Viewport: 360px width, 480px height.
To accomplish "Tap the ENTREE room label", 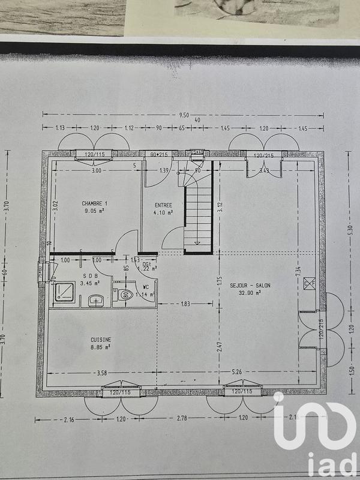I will click(x=163, y=205).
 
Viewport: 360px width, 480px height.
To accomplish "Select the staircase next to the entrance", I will click(x=198, y=216).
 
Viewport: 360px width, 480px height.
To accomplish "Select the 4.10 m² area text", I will click(x=163, y=212).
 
